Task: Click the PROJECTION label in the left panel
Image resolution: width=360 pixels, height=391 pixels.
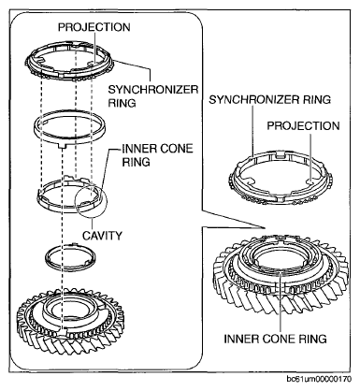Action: click(x=94, y=27)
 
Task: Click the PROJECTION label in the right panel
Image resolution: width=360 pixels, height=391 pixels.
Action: click(x=303, y=125)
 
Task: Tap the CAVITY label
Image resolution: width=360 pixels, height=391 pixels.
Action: click(x=102, y=236)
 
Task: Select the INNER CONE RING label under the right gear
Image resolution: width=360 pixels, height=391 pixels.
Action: click(x=275, y=339)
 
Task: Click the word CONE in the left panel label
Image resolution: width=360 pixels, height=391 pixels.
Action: click(x=176, y=149)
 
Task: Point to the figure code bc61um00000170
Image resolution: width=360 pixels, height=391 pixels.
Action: click(x=319, y=379)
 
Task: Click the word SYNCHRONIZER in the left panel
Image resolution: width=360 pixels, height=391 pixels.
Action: click(x=153, y=90)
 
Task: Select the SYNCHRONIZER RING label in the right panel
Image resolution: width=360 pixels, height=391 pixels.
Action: click(x=269, y=99)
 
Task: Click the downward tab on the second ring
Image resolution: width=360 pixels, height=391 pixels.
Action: click(x=64, y=146)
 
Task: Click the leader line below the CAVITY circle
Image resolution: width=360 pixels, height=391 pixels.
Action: click(x=92, y=223)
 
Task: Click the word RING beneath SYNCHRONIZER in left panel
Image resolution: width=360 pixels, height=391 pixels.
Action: click(x=122, y=103)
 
